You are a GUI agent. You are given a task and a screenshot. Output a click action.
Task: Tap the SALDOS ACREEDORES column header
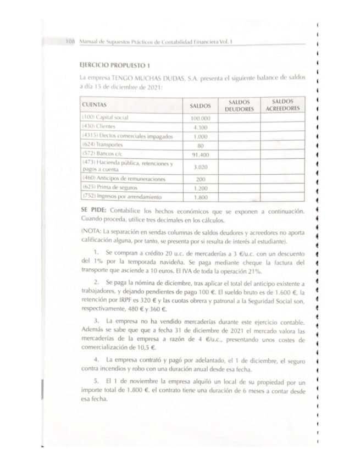pyautogui.click(x=283, y=105)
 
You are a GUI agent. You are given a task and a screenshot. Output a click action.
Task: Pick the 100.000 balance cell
pyautogui.click(x=200, y=119)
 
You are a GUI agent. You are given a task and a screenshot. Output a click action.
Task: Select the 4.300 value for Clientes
pyautogui.click(x=200, y=127)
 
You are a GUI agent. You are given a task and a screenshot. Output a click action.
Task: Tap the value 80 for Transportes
pyautogui.click(x=200, y=145)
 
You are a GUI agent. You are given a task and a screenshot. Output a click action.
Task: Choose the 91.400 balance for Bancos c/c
pyautogui.click(x=200, y=153)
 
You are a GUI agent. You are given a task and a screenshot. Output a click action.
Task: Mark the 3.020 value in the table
pyautogui.click(x=200, y=167)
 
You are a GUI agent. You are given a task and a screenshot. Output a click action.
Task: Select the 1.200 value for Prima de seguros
pyautogui.click(x=200, y=187)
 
